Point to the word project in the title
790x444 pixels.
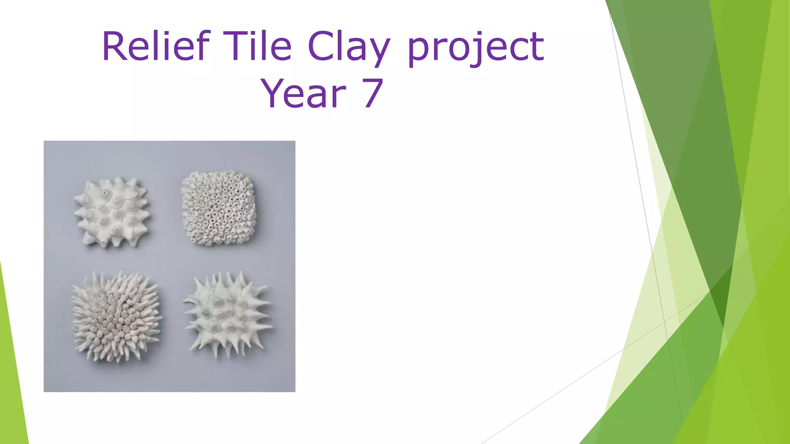476,48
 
